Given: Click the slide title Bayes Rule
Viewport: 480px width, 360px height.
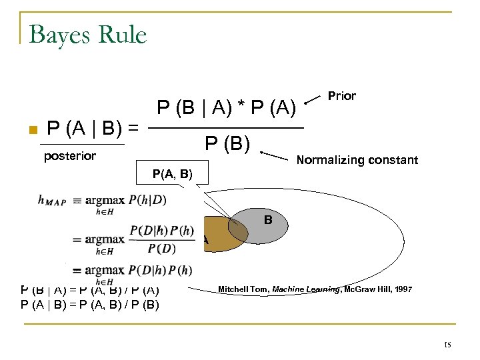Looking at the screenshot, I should [x=87, y=34].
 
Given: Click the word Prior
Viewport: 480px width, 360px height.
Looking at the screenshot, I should [x=341, y=96].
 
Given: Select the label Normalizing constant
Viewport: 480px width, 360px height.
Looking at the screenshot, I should [x=357, y=160].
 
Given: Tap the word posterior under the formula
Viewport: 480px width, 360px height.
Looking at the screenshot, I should [x=70, y=156].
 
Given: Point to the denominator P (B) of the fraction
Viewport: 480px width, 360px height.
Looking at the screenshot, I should [x=227, y=143].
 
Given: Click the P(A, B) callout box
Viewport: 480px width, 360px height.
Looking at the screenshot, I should [x=172, y=175].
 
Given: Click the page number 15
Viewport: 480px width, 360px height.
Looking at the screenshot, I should [x=447, y=345].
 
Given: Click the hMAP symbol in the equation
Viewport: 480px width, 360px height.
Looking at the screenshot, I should [x=52, y=200].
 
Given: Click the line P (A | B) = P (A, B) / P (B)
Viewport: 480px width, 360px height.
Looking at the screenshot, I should [x=89, y=305].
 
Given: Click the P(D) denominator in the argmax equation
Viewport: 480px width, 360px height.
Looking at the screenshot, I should [x=162, y=249].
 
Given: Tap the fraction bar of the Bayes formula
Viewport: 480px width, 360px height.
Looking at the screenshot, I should [x=225, y=127].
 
